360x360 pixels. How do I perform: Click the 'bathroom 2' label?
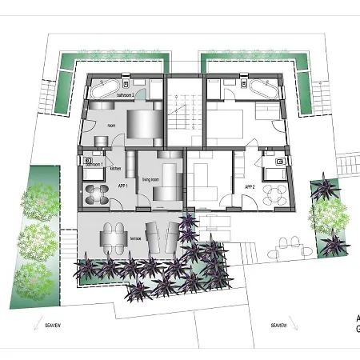(x=126, y=95)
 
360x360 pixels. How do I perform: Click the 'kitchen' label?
(x=115, y=169)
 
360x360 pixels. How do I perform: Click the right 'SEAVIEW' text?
(x=278, y=326)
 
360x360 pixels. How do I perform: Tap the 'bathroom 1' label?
(x=97, y=163)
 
